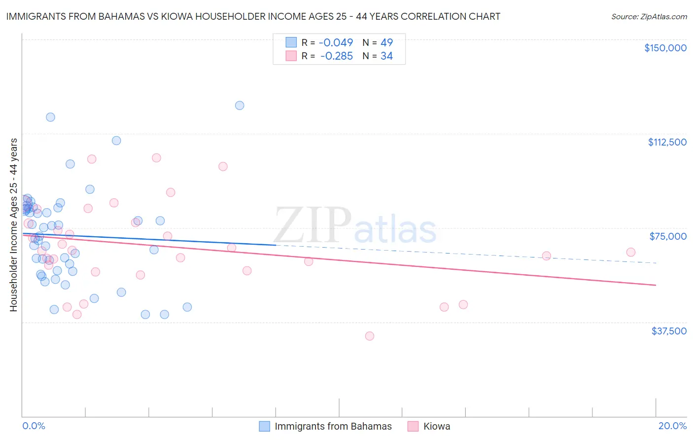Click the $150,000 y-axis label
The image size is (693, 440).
[x=665, y=48]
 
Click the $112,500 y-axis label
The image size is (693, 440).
[x=667, y=142]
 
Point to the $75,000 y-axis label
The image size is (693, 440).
[x=668, y=236]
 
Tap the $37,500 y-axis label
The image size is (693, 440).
[x=669, y=331]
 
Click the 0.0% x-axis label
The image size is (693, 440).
[x=34, y=426]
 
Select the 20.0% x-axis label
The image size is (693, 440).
[x=672, y=426]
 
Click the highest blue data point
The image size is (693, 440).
[x=240, y=105]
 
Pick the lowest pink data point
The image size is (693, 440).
[x=370, y=336]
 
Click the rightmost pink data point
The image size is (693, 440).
[x=630, y=252]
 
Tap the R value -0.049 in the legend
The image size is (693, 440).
[x=336, y=43]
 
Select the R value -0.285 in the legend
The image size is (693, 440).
[x=336, y=56]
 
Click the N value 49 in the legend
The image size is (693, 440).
[x=386, y=43]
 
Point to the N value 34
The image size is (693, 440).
[x=386, y=56]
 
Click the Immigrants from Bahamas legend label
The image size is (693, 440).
[x=333, y=426]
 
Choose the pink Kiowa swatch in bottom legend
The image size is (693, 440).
[x=413, y=426]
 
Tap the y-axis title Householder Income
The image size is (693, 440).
[x=13, y=225]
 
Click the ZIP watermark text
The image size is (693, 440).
[x=312, y=226]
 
